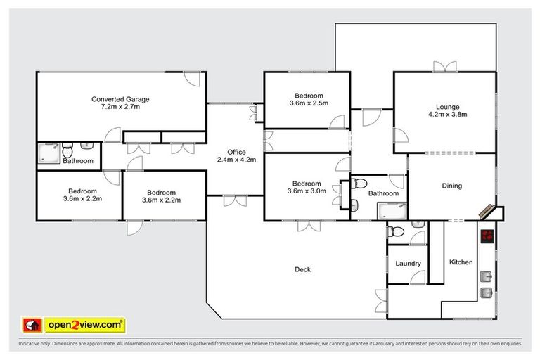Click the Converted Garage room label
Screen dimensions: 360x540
tap(120, 99)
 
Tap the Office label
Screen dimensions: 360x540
tap(236, 151)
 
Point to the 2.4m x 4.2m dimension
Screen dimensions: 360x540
tap(236, 160)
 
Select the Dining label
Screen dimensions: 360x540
tap(451, 186)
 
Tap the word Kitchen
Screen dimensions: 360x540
tap(461, 262)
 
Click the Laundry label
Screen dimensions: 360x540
tap(408, 264)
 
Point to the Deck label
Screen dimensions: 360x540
tap(303, 269)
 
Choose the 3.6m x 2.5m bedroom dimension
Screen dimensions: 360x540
tap(309, 104)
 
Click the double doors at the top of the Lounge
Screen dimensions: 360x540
tap(444, 67)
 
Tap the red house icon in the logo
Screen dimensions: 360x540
tap(31, 325)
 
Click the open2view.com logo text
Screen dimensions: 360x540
tap(84, 325)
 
